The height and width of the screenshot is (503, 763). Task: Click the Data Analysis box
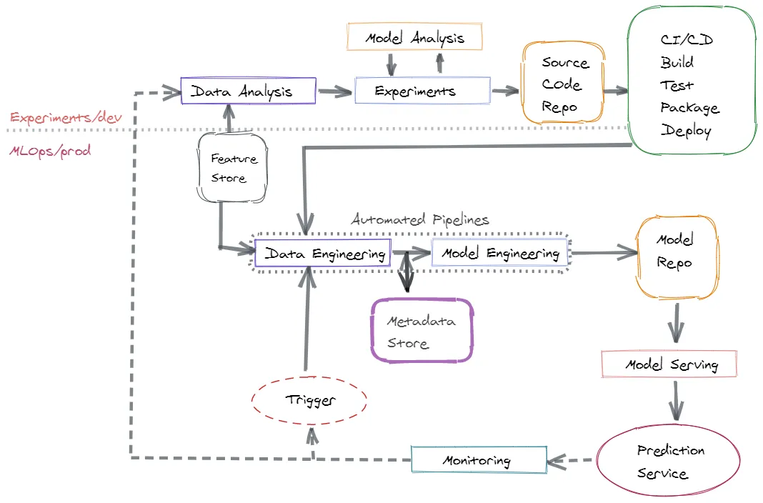pyautogui.click(x=248, y=91)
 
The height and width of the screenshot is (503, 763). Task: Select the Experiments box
pyautogui.click(x=422, y=91)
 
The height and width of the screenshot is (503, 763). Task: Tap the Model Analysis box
pyautogui.click(x=414, y=37)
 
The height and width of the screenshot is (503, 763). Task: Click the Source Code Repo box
pyautogui.click(x=564, y=84)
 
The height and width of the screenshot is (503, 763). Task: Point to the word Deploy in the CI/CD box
pyautogui.click(x=686, y=131)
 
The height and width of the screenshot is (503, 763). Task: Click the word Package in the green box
pyautogui.click(x=689, y=108)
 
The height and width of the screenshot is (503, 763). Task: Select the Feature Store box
pyautogui.click(x=229, y=168)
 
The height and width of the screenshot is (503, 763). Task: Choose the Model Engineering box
pyautogui.click(x=499, y=254)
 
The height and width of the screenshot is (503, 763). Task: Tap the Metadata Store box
pyautogui.click(x=422, y=332)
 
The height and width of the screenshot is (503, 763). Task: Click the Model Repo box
pyautogui.click(x=675, y=251)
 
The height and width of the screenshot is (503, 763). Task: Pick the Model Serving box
pyautogui.click(x=669, y=364)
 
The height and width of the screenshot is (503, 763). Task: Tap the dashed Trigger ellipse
pyautogui.click(x=309, y=400)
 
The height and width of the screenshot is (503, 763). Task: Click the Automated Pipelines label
pyautogui.click(x=420, y=219)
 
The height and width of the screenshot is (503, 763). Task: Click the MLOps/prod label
pyautogui.click(x=50, y=151)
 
